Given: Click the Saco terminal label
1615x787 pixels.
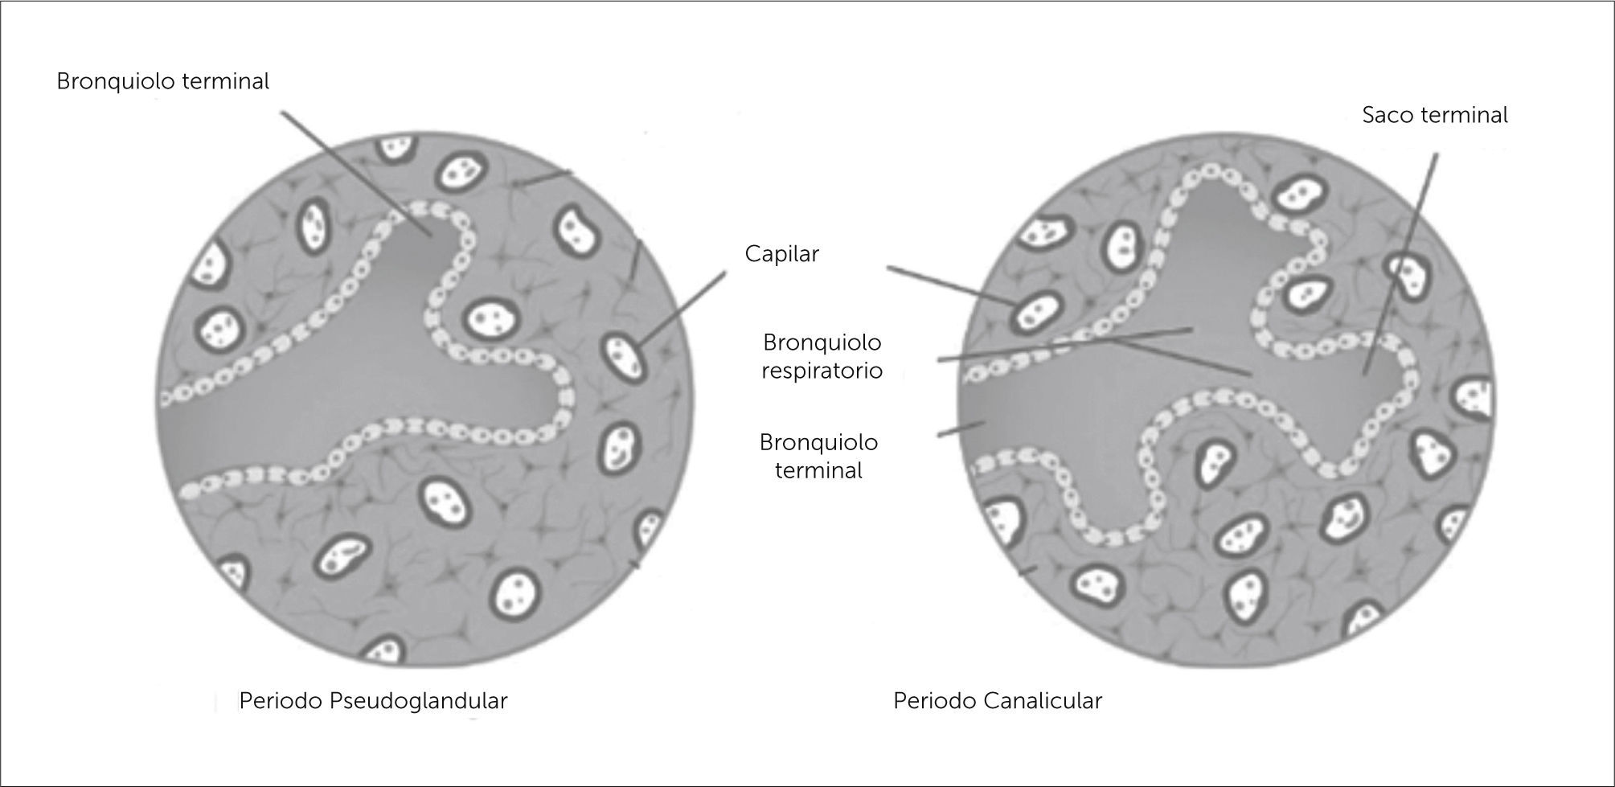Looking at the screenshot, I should [1435, 116].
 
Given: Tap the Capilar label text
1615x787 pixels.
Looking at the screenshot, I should [781, 254].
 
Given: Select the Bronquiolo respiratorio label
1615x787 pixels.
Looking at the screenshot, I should [822, 356].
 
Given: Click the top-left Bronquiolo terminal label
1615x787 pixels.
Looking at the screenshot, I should [163, 82].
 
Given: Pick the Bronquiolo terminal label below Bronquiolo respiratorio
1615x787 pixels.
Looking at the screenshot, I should [818, 456].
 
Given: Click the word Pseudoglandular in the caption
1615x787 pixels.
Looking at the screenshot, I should [418, 701].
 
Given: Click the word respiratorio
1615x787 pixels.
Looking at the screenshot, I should [822, 371].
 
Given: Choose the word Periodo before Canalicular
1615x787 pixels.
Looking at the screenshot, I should [935, 701].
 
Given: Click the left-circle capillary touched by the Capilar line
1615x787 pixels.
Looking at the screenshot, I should [623, 357].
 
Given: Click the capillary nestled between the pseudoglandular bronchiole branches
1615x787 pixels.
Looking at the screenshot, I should [488, 319].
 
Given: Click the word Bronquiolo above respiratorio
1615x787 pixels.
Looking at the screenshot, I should [822, 342].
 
